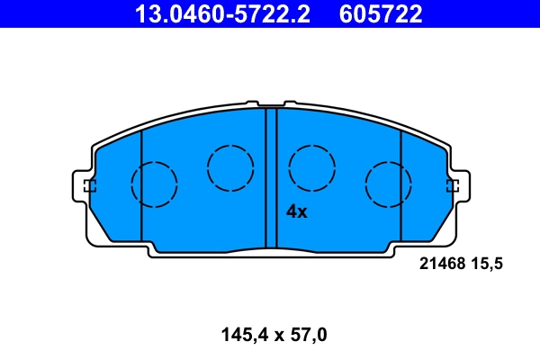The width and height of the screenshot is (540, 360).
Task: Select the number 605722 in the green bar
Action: point(381,13)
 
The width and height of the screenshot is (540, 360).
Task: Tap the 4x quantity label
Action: point(296,212)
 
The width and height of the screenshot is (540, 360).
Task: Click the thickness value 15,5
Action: point(485,264)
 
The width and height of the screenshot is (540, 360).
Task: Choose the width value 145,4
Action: point(243,336)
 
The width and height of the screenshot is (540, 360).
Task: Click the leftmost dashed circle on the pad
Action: point(154,184)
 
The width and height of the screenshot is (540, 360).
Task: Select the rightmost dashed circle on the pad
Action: point(388,184)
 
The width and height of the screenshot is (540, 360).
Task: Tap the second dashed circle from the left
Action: point(230,166)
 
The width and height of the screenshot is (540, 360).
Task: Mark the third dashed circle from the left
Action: point(312,166)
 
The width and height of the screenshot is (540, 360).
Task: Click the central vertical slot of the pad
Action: point(271,176)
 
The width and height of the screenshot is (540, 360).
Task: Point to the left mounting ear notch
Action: point(87,186)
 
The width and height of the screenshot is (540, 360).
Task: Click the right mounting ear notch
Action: point(453,186)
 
